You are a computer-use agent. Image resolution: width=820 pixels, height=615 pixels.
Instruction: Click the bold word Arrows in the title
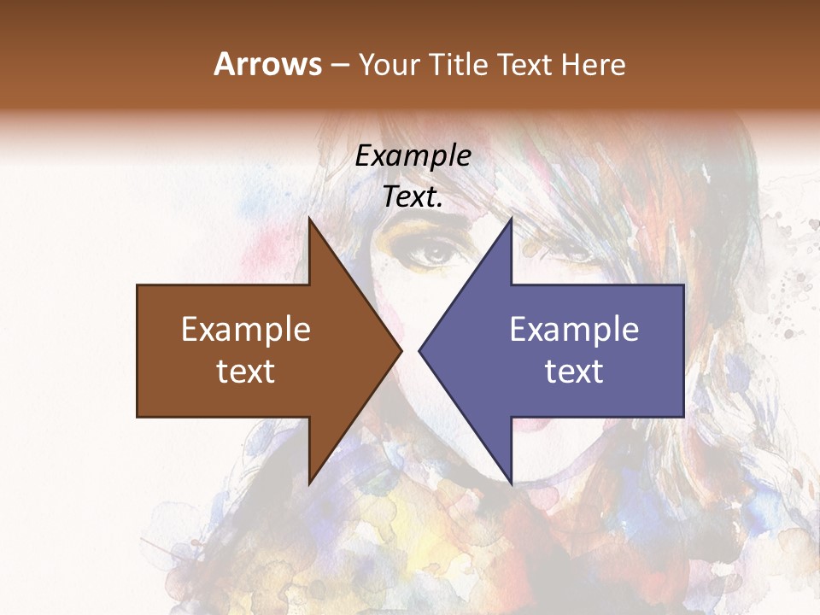pyautogui.click(x=267, y=64)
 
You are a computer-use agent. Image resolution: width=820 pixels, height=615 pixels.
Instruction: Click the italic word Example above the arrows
pyautogui.click(x=413, y=155)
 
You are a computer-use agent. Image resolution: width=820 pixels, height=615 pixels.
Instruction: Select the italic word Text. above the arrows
pyautogui.click(x=413, y=196)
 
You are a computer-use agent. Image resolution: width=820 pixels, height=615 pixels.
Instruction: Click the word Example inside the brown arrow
pyautogui.click(x=245, y=330)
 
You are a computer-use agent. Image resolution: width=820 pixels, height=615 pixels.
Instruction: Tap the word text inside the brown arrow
pyautogui.click(x=245, y=371)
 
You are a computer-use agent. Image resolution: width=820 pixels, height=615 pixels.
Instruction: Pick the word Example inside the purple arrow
pyautogui.click(x=574, y=330)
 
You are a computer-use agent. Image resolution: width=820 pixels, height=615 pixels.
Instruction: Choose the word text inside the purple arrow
pyautogui.click(x=574, y=371)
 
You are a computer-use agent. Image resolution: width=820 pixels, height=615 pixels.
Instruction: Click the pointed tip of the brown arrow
pyautogui.click(x=401, y=351)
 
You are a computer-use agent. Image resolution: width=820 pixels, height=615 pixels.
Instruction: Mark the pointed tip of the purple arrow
pyautogui.click(x=419, y=351)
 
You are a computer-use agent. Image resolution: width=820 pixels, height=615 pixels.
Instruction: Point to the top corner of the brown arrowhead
pyautogui.click(x=309, y=219)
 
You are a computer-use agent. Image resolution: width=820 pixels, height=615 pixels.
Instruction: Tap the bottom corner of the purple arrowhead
pyautogui.click(x=511, y=484)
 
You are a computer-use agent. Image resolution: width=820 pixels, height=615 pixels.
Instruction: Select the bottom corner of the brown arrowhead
pyautogui.click(x=309, y=484)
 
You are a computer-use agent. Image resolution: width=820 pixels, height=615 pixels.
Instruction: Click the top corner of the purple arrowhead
pyautogui.click(x=511, y=219)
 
